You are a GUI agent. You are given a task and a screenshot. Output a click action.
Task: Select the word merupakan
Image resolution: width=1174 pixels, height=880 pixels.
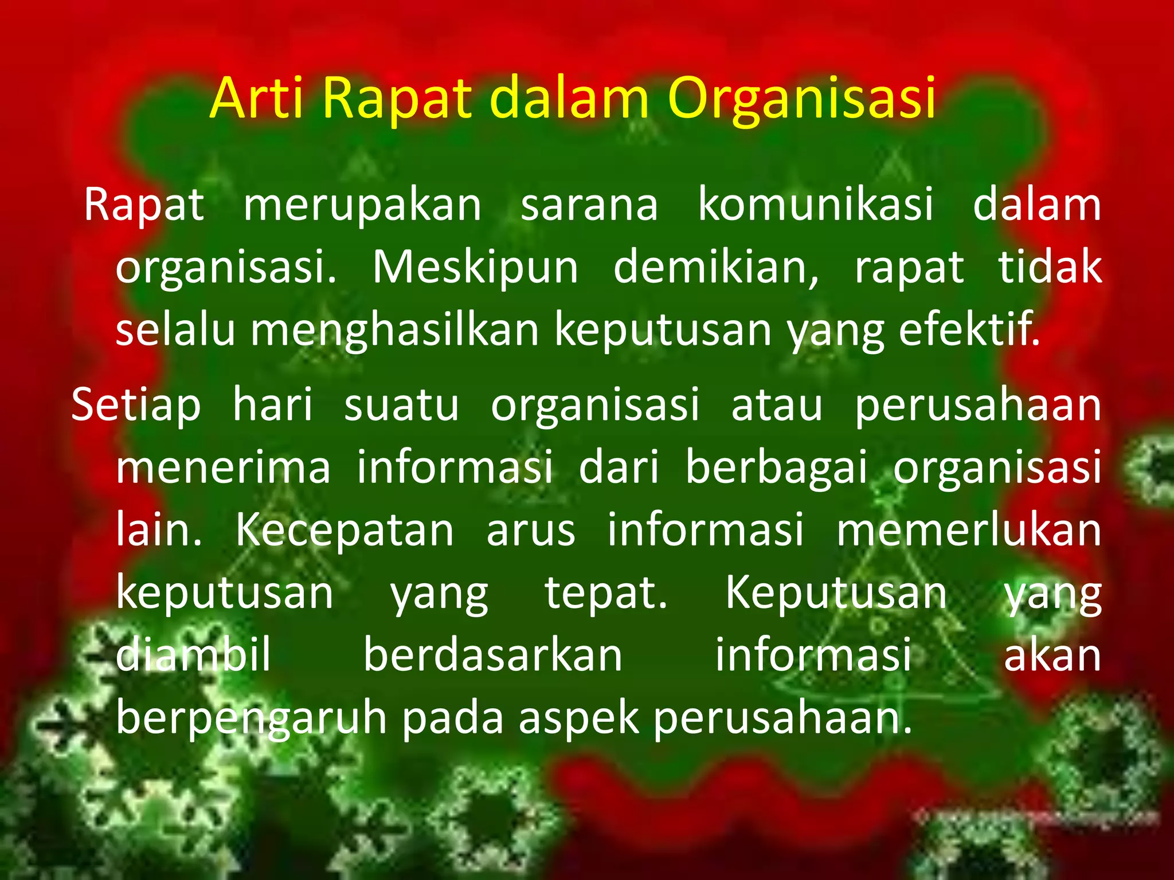[362, 205]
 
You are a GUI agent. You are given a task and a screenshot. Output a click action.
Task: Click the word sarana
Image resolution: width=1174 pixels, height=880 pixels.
[589, 205]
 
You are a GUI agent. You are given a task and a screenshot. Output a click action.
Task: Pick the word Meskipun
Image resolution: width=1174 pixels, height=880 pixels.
[475, 268]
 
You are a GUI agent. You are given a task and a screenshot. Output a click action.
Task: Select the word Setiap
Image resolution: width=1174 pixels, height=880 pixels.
[136, 404]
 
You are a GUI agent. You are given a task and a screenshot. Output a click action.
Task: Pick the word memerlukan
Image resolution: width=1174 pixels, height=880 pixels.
[969, 530]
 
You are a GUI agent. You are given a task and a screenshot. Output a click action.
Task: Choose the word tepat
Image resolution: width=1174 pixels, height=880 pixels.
[605, 593]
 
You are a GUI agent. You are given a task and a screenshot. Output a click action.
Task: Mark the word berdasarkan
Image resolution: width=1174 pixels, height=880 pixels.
[493, 655]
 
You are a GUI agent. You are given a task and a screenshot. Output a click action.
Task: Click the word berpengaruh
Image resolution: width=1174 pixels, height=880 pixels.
[252, 718]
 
